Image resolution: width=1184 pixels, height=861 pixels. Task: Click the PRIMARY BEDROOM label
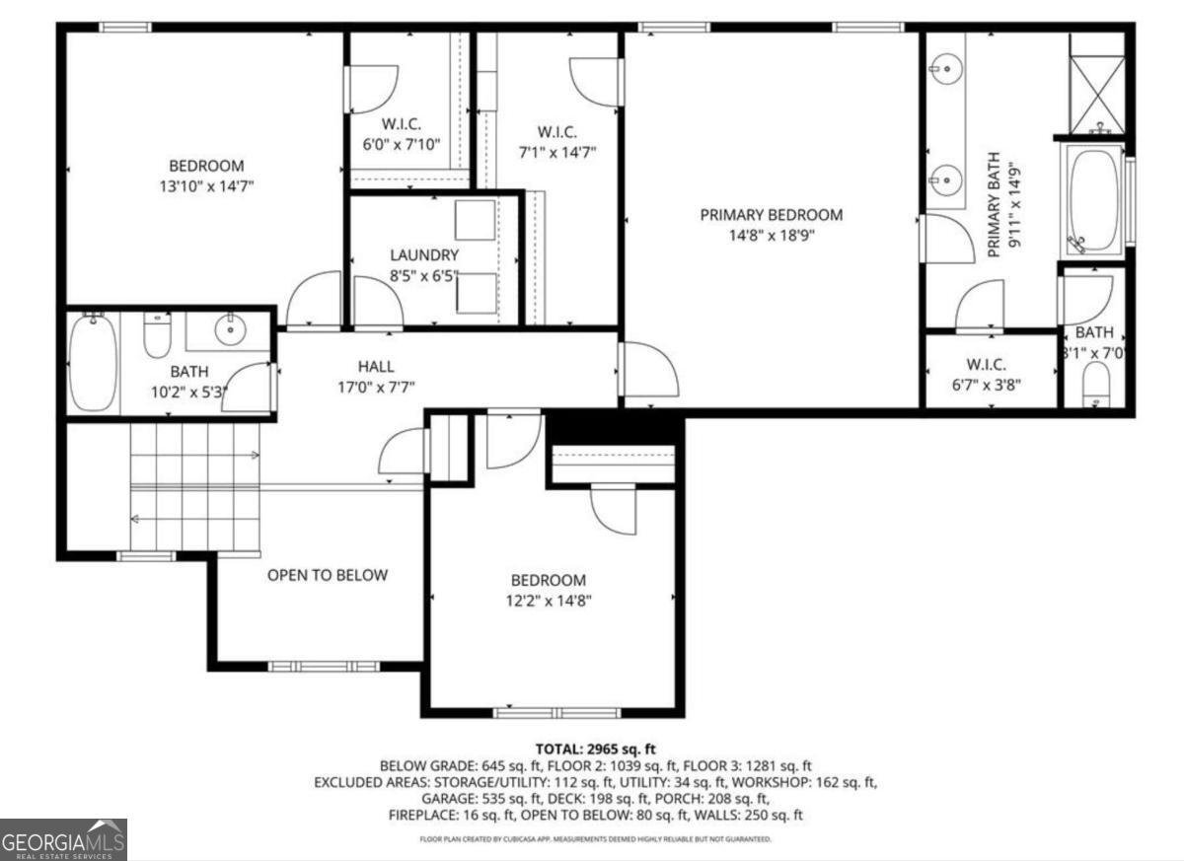click(772, 214)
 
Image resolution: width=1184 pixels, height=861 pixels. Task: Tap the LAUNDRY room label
click(423, 254)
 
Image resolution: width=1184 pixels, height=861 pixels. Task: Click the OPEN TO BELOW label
click(328, 575)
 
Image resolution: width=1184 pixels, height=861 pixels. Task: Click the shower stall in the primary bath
click(1097, 83)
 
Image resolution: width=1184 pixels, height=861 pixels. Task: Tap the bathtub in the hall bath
click(94, 364)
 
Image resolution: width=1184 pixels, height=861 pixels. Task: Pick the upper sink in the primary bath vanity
click(946, 68)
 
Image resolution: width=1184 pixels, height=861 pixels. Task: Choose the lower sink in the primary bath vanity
click(946, 179)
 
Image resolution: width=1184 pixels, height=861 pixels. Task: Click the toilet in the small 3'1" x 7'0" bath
click(1095, 382)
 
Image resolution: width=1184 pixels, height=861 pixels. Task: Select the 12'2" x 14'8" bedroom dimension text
click(548, 600)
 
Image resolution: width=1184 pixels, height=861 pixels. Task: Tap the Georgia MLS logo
click(64, 839)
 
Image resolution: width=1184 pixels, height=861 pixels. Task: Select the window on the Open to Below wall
click(324, 667)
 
